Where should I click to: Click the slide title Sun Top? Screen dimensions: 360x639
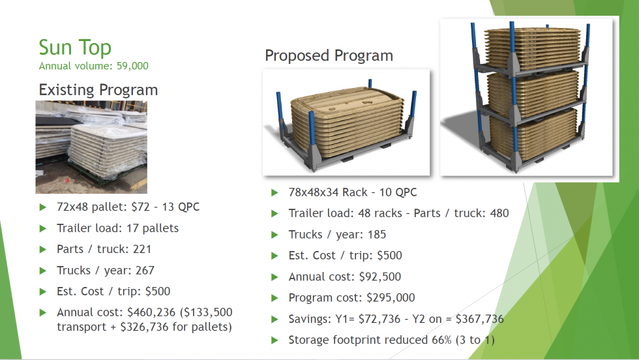coord(75,48)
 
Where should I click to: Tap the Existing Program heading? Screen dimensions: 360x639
coord(98,89)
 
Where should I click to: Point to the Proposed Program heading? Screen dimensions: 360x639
coord(329,55)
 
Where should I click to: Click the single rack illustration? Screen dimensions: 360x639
coord(346,123)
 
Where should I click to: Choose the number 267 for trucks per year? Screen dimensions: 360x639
coord(142,270)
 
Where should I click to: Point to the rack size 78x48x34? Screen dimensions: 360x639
coord(321,192)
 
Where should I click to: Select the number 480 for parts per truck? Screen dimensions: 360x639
coord(498,213)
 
